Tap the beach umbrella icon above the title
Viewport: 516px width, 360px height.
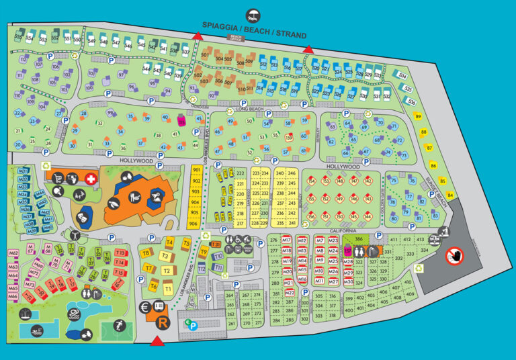pos(254,15)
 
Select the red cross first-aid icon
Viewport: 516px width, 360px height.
pos(91,179)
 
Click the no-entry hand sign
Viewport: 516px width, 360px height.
pos(455,255)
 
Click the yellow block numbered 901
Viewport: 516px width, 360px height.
pos(196,171)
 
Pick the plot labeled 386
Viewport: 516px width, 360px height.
pos(359,239)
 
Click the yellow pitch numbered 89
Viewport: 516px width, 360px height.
pos(418,117)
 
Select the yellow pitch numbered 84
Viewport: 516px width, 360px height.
pos(450,195)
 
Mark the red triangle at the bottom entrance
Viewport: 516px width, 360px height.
pos(157,343)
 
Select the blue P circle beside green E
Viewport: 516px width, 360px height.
pos(194,326)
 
